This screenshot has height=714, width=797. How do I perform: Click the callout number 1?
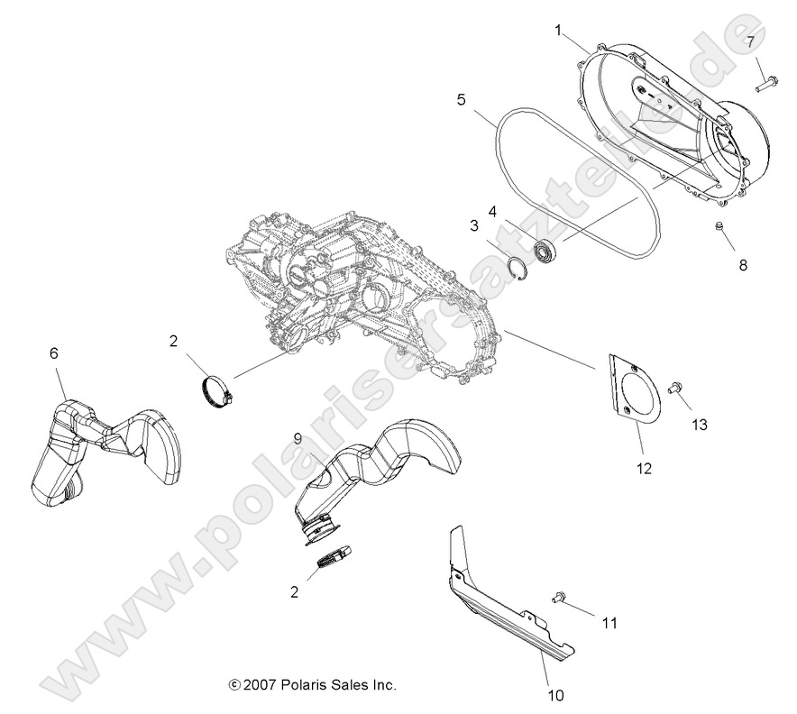(558, 31)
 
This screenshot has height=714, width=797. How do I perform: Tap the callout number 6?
(53, 353)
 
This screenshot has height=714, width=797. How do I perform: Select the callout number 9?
(297, 438)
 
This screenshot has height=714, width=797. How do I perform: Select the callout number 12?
(644, 468)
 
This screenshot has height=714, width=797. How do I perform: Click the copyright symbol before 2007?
(234, 685)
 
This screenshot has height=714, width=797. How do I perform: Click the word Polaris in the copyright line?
(304, 685)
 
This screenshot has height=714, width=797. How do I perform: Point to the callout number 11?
(610, 622)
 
